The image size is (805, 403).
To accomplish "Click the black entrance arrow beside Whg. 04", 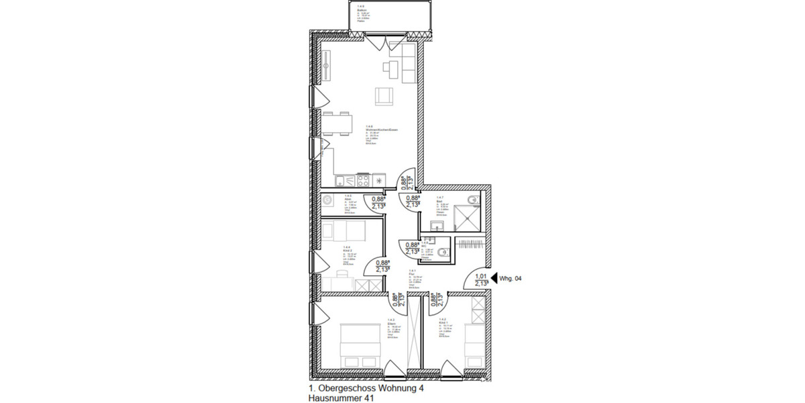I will click(x=494, y=277).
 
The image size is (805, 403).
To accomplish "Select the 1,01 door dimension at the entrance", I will click(x=480, y=276).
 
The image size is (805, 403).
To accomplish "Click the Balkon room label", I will click(x=362, y=9).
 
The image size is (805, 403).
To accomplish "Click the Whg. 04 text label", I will click(x=511, y=277).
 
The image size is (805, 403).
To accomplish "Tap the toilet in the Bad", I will click(x=474, y=198).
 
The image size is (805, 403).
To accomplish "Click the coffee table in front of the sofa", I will click(x=389, y=66).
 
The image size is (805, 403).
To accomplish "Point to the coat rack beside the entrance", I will click(x=470, y=246).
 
